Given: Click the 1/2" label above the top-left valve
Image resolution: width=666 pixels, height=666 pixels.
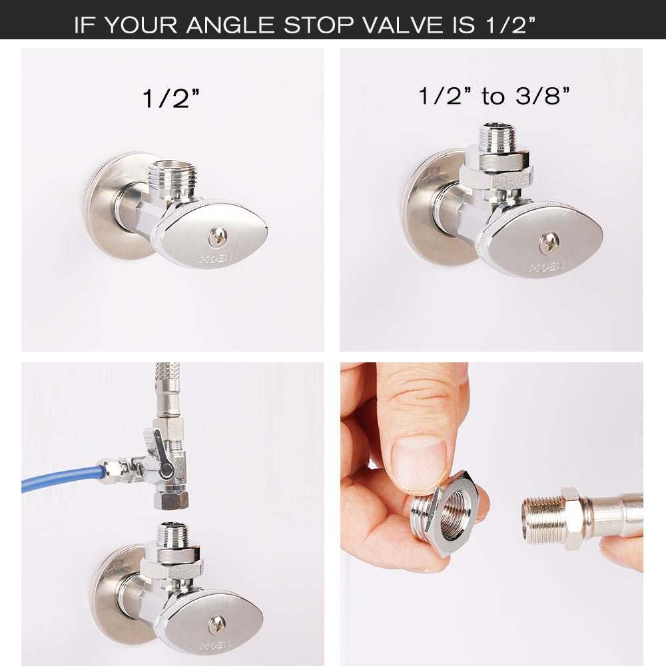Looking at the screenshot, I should pyautogui.click(x=171, y=99).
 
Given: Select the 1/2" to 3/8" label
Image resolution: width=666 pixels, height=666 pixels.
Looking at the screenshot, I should pyautogui.click(x=494, y=96).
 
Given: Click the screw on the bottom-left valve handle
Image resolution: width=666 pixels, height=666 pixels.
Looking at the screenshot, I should pyautogui.click(x=216, y=625).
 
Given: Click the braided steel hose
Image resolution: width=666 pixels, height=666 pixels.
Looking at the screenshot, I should pyautogui.click(x=166, y=386).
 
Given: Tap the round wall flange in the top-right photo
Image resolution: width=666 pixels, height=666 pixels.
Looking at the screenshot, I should pyautogui.click(x=426, y=210).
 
